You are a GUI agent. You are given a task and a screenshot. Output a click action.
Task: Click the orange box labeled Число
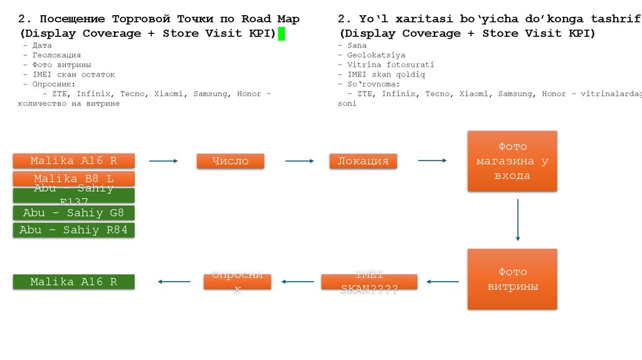click(230, 161)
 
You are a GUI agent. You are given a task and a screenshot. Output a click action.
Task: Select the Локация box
click(364, 161)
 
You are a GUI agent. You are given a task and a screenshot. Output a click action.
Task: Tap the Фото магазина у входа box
click(512, 161)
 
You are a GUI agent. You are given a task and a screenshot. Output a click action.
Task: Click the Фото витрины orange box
click(512, 279)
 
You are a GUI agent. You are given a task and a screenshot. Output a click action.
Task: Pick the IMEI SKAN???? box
click(369, 282)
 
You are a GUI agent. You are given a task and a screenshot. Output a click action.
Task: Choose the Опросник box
click(237, 282)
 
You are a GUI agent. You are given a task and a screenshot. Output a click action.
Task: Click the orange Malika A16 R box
click(74, 161)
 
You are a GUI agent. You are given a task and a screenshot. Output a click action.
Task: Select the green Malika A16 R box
click(74, 282)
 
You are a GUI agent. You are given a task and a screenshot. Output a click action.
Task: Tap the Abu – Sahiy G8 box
click(74, 213)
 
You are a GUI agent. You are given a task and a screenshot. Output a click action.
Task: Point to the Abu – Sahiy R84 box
click(74, 230)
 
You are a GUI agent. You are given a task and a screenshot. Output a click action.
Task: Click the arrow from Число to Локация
click(299, 161)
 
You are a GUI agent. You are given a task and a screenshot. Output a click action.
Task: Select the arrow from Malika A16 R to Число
click(163, 161)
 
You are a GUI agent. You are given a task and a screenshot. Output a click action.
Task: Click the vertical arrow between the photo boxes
click(517, 220)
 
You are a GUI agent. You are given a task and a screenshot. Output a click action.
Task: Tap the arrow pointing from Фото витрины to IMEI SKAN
click(442, 282)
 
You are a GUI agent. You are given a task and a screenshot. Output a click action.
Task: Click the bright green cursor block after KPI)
click(282, 34)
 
